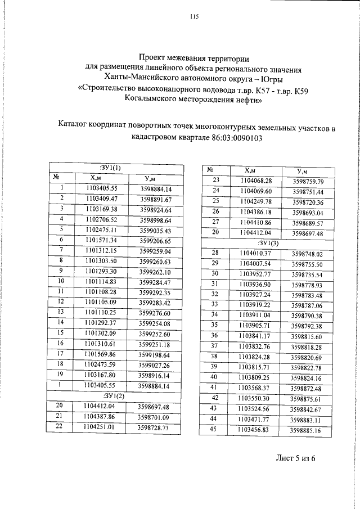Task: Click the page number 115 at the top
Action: (194, 16)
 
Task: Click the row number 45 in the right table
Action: (213, 429)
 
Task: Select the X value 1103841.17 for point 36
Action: (256, 336)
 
